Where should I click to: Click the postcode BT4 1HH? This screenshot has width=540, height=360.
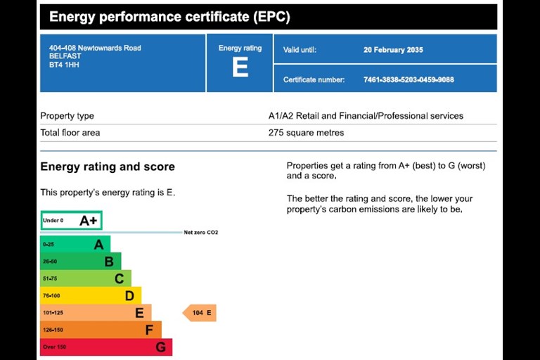click(64, 65)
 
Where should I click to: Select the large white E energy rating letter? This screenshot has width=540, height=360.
click(240, 67)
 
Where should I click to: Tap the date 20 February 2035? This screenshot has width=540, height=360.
click(393, 50)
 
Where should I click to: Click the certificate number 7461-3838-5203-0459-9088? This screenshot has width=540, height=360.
click(409, 80)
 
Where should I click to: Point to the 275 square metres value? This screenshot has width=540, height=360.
click(306, 133)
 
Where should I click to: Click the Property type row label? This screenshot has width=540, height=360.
click(67, 116)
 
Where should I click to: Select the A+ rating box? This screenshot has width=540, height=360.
click(71, 220)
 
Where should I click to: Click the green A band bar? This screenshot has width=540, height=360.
click(75, 244)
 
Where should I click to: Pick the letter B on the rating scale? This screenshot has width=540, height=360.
click(109, 262)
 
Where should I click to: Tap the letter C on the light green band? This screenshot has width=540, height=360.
click(119, 278)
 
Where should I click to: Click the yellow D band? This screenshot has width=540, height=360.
click(91, 295)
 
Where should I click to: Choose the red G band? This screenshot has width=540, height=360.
click(106, 347)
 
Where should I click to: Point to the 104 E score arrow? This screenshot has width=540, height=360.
click(200, 313)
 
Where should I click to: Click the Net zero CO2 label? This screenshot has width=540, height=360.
click(201, 233)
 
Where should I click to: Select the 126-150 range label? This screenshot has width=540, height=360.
click(53, 330)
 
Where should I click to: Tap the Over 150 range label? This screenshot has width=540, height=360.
click(54, 347)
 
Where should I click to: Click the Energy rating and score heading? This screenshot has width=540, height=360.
click(108, 167)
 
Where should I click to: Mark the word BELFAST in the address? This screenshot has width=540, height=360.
click(65, 56)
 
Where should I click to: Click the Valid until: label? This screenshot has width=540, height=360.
click(300, 50)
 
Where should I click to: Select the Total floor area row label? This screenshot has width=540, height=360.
click(70, 133)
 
